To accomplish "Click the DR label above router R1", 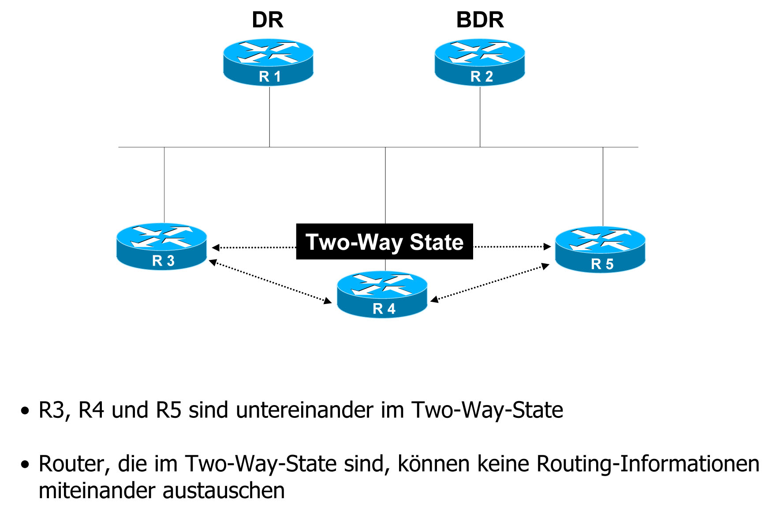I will [267, 20].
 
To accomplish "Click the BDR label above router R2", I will [480, 20].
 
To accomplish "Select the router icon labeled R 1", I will [269, 62].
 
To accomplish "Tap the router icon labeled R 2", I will [480, 62].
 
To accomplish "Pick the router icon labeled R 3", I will [162, 246].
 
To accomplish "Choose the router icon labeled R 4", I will [382, 294].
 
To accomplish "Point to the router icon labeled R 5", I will [600, 249].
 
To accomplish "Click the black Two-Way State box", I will [385, 242].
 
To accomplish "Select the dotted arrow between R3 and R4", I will [270, 282].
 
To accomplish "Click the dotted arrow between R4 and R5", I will [489, 282].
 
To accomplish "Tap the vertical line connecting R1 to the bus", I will [269, 117].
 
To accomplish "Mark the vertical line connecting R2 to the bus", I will [480, 117].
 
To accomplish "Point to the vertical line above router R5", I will [603, 185].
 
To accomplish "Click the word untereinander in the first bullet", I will [306, 410].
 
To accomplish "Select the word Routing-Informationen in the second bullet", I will [648, 464].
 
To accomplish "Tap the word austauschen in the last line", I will [224, 491].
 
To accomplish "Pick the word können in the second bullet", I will [433, 464].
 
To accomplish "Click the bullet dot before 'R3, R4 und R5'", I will [25, 411].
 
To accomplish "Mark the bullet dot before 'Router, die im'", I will [25, 465].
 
